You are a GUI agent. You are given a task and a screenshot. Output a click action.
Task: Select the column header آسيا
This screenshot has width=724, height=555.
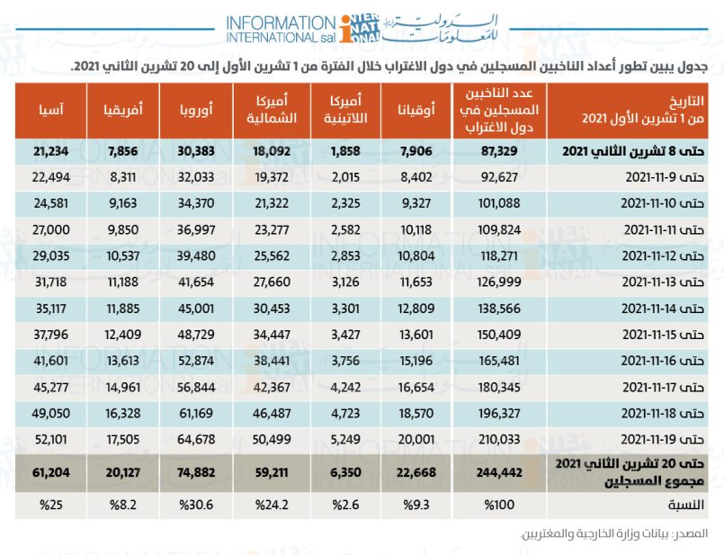pos(50,110)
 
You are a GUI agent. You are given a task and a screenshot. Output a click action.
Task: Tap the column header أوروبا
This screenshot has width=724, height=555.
pos(196,110)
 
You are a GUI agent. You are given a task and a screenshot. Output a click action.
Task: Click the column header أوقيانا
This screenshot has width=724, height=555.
pos(416,110)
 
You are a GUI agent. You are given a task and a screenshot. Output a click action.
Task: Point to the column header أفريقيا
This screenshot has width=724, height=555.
pos(123,110)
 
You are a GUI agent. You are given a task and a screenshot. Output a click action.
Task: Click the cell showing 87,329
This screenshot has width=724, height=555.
pos(499,151)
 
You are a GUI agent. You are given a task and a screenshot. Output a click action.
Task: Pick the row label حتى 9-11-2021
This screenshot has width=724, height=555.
pos(665,177)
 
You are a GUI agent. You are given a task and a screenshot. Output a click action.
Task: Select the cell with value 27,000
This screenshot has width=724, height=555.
pos(50,229)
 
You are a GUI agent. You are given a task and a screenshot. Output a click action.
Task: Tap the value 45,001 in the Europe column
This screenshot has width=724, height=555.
pos(196,308)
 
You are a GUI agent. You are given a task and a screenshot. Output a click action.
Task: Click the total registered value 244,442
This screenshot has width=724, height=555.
pos(499,472)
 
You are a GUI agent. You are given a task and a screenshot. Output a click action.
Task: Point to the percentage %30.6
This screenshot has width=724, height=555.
pos(196,505)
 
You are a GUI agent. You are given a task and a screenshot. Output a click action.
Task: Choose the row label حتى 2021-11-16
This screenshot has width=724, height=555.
pos(663,361)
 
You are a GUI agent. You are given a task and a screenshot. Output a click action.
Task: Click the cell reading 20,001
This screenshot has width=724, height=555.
pos(416,439)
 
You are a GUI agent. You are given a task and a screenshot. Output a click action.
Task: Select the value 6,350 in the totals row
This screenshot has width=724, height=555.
pos(345,472)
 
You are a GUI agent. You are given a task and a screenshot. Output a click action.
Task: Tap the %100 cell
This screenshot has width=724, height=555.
pos(499,505)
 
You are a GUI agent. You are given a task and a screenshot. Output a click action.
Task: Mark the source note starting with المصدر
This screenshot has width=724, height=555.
pos(614,534)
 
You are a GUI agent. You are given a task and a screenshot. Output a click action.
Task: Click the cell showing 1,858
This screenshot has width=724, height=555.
pos(345,151)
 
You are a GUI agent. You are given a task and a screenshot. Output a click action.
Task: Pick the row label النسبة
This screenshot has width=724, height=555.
pos(685,505)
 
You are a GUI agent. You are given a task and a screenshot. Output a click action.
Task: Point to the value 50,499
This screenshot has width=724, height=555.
pos(272,439)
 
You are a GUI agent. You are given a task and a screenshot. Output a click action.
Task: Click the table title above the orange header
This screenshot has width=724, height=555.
pos(389,67)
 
